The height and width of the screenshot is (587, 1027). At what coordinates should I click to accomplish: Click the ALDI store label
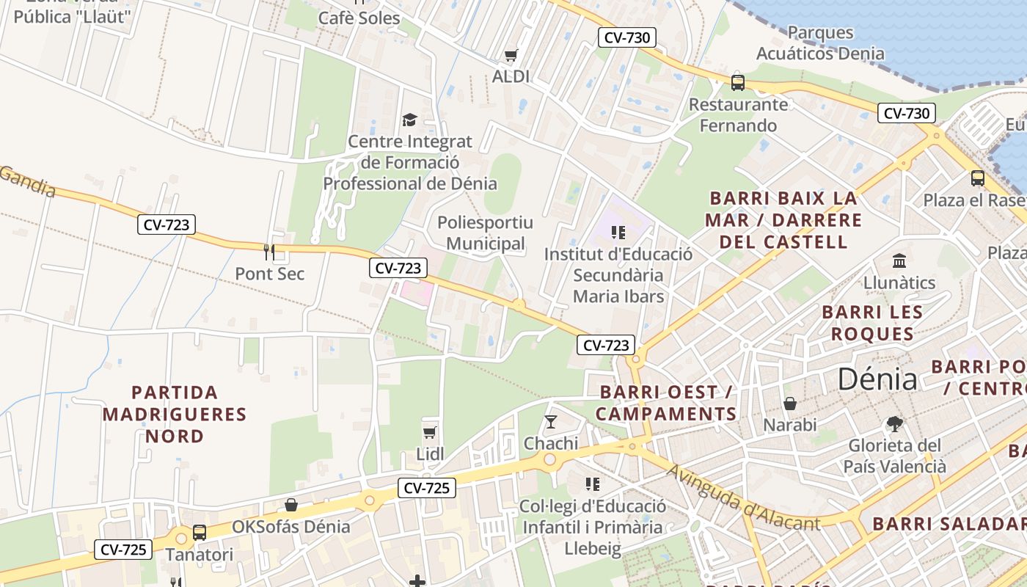(x=511, y=76)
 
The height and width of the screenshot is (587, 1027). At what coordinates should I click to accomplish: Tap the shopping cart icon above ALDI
(x=511, y=55)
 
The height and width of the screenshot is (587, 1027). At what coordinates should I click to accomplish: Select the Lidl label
(x=430, y=454)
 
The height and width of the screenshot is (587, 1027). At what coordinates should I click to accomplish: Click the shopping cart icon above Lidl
(x=430, y=432)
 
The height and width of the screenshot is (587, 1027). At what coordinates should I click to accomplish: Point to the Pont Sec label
(x=269, y=274)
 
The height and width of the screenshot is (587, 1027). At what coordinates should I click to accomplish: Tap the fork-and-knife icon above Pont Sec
(x=269, y=252)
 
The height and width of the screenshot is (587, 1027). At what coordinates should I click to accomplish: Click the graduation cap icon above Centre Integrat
(x=409, y=120)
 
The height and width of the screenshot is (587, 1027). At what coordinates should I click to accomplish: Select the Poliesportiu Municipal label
(x=485, y=233)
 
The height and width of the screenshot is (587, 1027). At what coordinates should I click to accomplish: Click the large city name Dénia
(x=877, y=379)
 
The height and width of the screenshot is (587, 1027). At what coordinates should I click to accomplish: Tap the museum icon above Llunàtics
(x=899, y=260)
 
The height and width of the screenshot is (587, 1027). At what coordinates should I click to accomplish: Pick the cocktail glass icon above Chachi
(x=551, y=421)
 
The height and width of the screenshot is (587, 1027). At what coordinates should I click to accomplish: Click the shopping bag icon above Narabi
(x=790, y=403)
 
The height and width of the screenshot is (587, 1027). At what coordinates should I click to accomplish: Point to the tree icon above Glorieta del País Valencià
(x=893, y=423)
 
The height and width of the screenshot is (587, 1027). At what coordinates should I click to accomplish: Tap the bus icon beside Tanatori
(x=200, y=533)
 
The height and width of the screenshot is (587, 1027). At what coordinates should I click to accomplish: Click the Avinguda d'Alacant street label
(x=742, y=497)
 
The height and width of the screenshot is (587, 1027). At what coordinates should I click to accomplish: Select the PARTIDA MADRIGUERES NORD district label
(x=175, y=414)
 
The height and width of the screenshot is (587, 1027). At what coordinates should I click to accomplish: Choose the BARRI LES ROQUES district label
(x=871, y=323)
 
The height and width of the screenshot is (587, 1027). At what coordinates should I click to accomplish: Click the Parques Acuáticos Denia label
(x=820, y=43)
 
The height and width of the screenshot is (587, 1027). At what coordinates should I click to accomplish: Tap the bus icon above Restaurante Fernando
(x=738, y=82)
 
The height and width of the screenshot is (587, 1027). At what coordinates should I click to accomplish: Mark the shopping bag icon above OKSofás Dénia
(x=291, y=505)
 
